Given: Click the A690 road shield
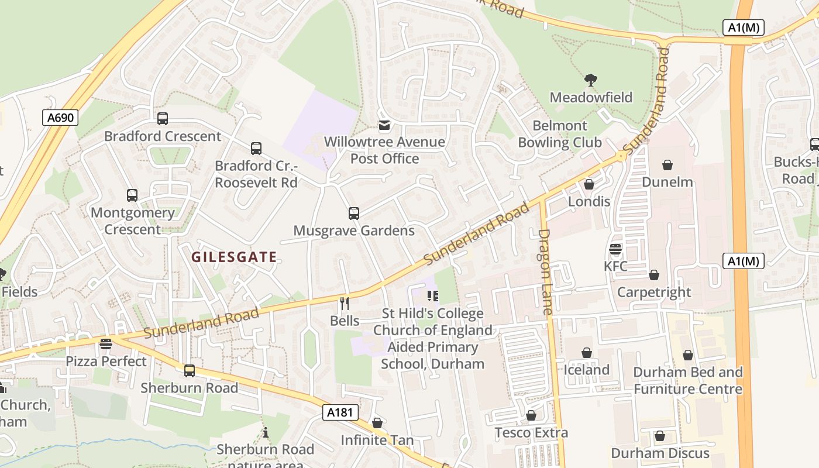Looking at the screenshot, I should click(x=60, y=118).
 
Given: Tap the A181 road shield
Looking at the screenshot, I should click(x=340, y=412).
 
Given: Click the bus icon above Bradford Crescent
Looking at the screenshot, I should click(x=163, y=119).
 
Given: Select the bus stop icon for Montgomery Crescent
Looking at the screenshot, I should click(x=132, y=195).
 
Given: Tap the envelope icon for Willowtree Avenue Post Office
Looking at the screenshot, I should click(x=384, y=125).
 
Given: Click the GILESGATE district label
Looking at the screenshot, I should click(x=234, y=257).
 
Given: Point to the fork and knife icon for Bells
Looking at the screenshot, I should click(x=345, y=303).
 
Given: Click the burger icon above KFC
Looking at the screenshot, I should click(x=615, y=249).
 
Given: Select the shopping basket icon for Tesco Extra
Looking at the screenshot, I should click(x=531, y=415).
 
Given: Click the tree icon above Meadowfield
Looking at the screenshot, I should click(x=591, y=80).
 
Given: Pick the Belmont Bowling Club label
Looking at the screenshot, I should click(x=560, y=134).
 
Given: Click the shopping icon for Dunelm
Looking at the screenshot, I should click(x=667, y=165).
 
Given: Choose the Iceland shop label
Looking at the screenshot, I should click(x=586, y=370).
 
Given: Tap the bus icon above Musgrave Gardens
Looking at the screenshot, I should click(x=354, y=214).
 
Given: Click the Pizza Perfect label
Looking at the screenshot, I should click(x=106, y=361).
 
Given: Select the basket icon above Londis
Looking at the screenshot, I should click(x=589, y=184).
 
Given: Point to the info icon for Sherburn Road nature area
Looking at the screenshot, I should click(x=266, y=432).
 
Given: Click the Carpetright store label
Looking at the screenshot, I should click(x=654, y=292).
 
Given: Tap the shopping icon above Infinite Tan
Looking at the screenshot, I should click(x=377, y=422).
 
